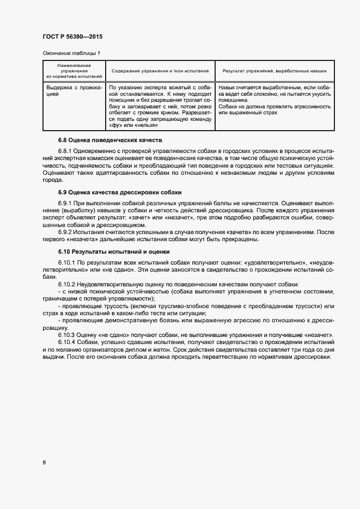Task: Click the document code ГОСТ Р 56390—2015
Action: click(72, 37)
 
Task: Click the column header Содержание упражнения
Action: click(160, 71)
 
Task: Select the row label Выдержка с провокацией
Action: click(74, 90)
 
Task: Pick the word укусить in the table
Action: click(319, 94)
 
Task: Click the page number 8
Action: click(44, 463)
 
